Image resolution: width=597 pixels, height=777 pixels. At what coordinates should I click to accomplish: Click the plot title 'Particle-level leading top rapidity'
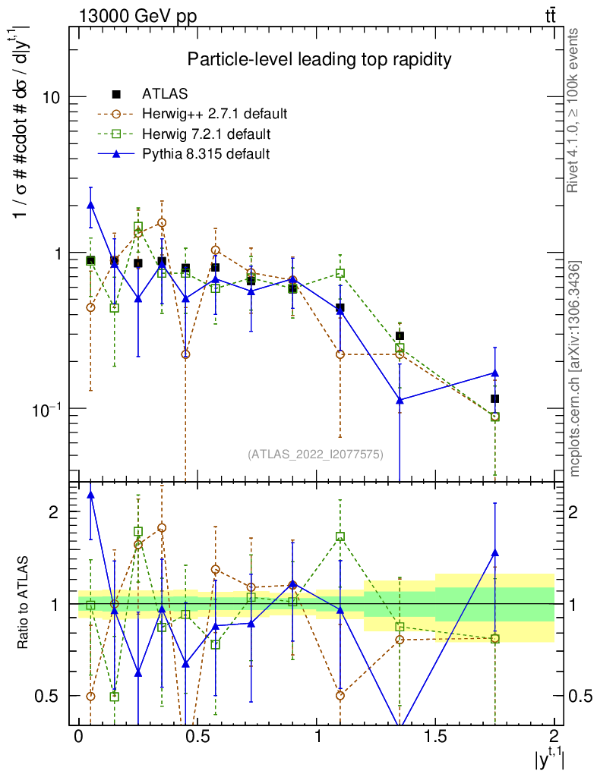(320, 59)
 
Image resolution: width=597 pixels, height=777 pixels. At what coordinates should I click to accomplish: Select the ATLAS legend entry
(165, 94)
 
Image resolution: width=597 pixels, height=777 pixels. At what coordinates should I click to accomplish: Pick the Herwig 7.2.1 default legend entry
(207, 134)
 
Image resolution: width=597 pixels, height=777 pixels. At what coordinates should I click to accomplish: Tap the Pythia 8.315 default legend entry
(206, 154)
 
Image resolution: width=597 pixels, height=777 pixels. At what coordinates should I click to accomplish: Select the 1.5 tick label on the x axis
(434, 737)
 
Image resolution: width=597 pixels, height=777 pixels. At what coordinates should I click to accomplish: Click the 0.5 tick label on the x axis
(197, 737)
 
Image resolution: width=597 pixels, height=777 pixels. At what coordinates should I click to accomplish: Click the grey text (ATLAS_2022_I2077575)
(315, 455)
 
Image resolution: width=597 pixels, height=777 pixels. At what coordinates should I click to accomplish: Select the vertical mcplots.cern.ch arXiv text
(576, 368)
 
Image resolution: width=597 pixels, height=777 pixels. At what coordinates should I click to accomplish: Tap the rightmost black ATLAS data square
(494, 398)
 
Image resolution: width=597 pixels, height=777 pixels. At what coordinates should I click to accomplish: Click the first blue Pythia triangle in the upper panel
(91, 204)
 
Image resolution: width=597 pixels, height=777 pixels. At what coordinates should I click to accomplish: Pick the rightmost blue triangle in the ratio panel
(494, 553)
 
